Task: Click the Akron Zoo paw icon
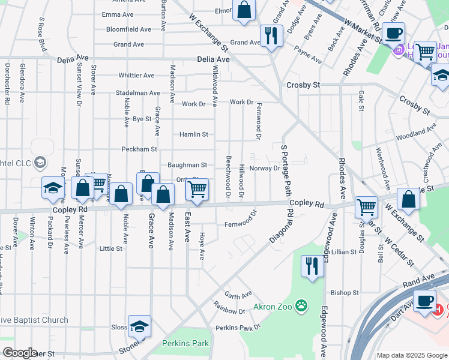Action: (x=301, y=307)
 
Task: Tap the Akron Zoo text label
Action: (x=272, y=307)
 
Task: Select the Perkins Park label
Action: (x=185, y=344)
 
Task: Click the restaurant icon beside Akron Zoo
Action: (x=312, y=266)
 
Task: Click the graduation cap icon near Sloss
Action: (x=139, y=326)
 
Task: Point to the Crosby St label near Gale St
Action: (x=303, y=85)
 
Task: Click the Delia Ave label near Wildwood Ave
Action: (x=214, y=60)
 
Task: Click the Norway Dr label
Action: (x=265, y=169)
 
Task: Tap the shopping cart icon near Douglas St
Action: (x=366, y=207)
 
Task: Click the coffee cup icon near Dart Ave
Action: (x=425, y=300)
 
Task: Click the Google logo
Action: (x=20, y=353)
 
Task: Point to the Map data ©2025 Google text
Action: (x=412, y=355)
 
